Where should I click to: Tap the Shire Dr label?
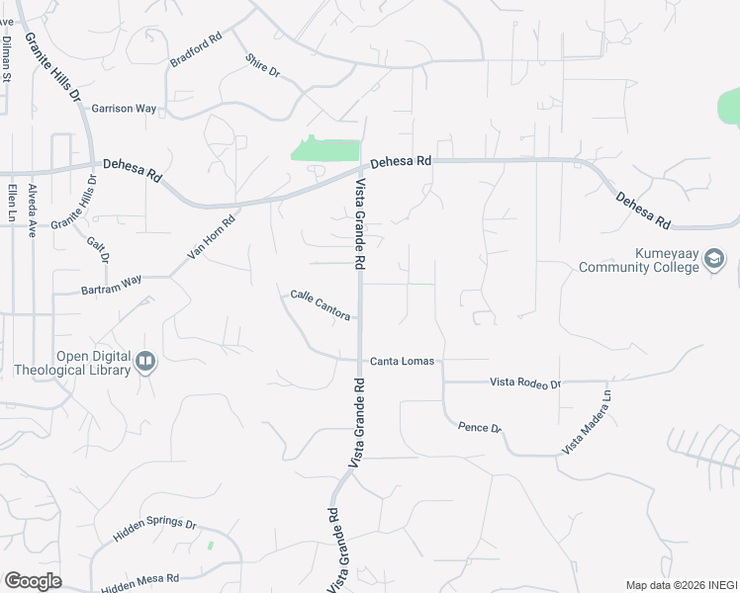262,66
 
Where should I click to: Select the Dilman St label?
7,58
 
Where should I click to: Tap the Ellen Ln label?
11,202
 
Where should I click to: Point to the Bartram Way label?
111,286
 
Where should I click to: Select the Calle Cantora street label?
320,305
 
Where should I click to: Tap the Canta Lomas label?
402,361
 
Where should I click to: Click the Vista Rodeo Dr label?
526,382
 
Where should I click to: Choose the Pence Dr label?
481,427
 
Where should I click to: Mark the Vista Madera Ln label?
588,422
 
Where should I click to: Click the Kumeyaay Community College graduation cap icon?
714,260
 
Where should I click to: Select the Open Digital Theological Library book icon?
145,363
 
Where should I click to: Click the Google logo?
33,581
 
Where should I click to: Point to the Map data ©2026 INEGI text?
681,585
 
